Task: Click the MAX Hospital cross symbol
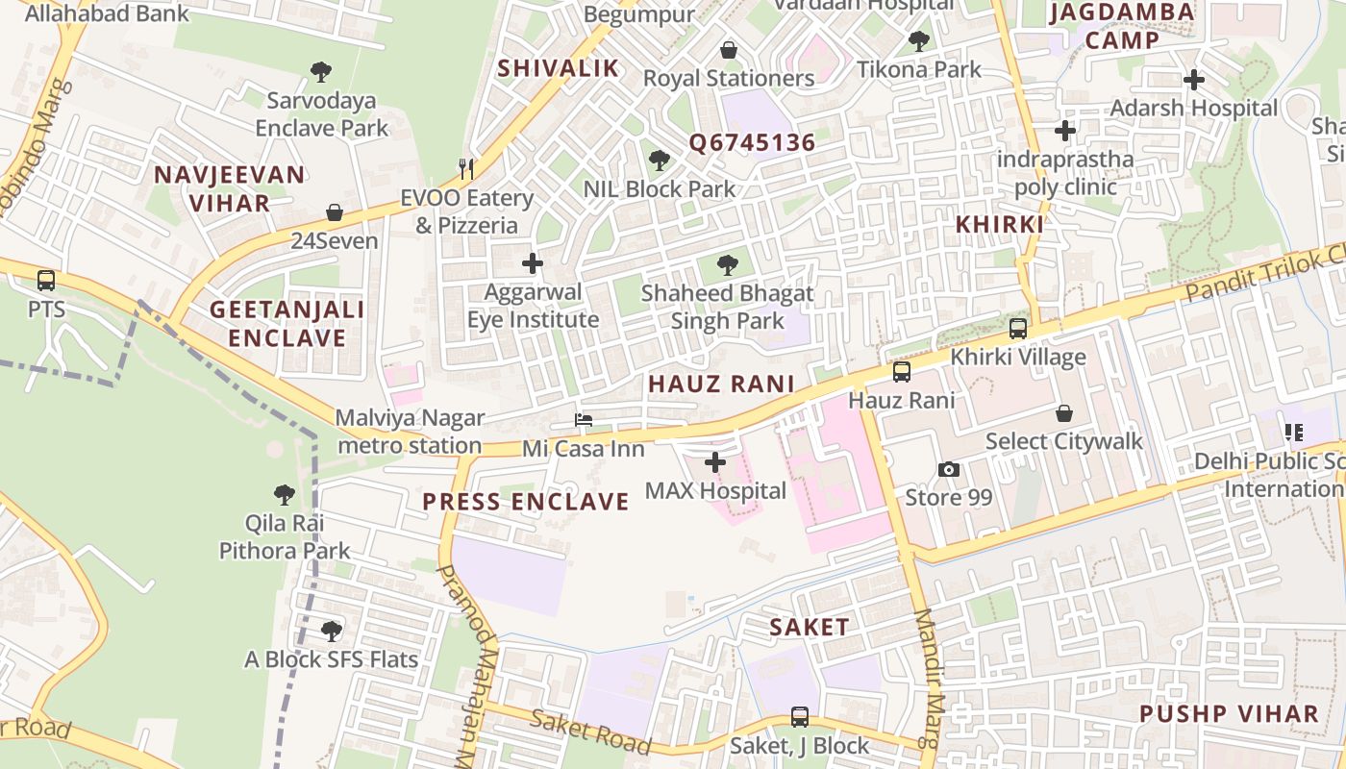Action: coord(714,462)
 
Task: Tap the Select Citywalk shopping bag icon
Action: coord(1064,413)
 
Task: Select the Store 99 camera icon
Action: coord(949,469)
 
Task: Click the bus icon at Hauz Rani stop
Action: coord(901,372)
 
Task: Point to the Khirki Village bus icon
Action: coord(1017,329)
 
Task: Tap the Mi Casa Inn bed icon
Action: coord(583,420)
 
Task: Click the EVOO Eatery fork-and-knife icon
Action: coord(467,169)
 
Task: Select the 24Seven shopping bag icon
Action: coord(335,212)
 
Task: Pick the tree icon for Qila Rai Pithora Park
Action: coord(284,495)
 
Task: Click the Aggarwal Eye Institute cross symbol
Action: coord(532,263)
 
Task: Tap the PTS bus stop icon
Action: coord(46,281)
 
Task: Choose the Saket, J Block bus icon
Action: coord(799,716)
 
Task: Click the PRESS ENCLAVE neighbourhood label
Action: coord(525,502)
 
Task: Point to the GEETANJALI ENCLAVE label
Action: coord(287,324)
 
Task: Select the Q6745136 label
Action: coord(751,143)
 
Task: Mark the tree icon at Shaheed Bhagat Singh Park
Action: coord(728,264)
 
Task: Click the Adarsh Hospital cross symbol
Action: coord(1194,80)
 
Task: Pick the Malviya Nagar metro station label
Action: coord(410,432)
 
